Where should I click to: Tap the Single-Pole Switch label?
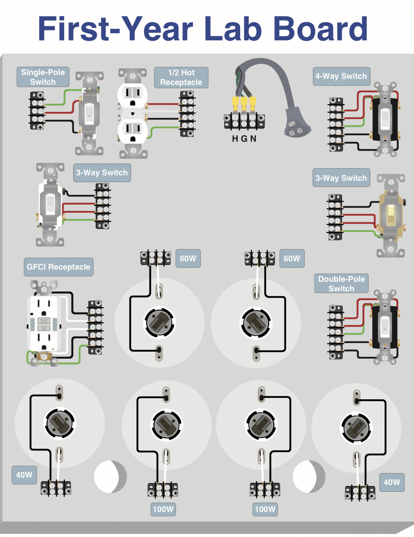43,77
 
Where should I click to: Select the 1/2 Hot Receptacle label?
181,78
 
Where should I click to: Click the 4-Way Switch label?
341,76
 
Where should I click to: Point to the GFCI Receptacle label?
58,267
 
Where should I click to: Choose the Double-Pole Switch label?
341,283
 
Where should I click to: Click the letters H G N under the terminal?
244,138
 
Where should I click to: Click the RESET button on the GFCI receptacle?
44,321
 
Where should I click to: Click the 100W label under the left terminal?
163,509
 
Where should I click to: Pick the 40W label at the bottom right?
392,482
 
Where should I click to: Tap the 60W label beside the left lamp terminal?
188,258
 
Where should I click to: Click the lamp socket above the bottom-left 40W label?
59,423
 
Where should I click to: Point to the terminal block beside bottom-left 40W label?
56,488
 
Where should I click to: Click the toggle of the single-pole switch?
89,113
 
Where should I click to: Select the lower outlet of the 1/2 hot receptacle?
133,131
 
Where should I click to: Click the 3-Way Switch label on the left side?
102,173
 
